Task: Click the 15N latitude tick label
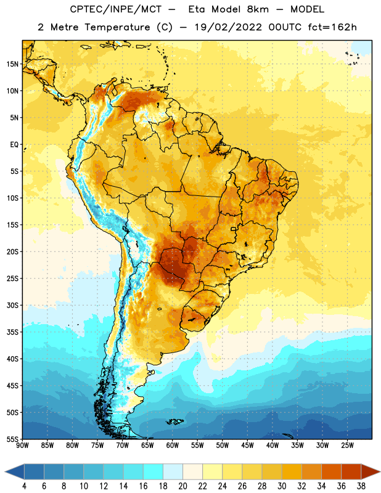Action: (12, 64)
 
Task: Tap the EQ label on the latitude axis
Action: (14, 145)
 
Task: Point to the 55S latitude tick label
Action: (12, 439)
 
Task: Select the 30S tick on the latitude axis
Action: (12, 305)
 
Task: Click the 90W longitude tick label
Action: (22, 446)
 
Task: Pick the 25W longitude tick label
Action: (347, 446)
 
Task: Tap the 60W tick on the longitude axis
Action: (173, 446)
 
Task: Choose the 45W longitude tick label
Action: (247, 446)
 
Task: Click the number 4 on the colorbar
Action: (24, 486)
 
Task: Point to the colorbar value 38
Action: (361, 486)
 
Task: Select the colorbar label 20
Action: (182, 486)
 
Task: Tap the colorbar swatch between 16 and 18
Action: (153, 472)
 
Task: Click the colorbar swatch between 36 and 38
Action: (351, 472)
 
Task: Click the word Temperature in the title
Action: (117, 27)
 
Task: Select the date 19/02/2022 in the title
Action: (228, 27)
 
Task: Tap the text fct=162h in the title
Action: (332, 27)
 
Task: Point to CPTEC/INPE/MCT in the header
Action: (116, 9)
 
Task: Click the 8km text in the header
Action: (258, 9)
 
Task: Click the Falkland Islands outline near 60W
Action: (174, 422)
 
